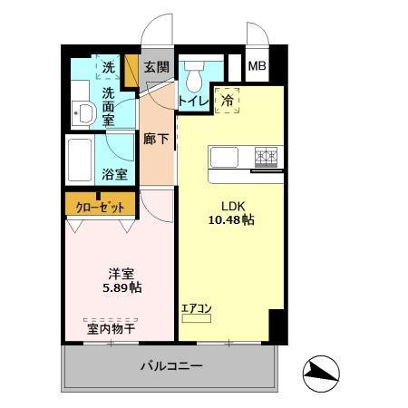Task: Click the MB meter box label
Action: (x=258, y=67)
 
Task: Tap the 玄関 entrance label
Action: (x=156, y=67)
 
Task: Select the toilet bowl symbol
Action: (x=193, y=76)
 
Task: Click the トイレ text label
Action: (x=194, y=101)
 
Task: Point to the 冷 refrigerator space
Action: (x=228, y=101)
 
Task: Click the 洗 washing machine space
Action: (x=109, y=67)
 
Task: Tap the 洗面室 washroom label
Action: (x=109, y=105)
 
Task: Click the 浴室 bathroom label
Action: (x=113, y=174)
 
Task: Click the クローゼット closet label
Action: (x=100, y=206)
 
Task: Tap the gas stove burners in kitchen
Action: (x=266, y=156)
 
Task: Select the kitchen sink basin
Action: (x=224, y=157)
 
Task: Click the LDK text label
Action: (x=222, y=204)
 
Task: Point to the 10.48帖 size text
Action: (x=231, y=219)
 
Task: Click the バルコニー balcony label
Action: (x=170, y=367)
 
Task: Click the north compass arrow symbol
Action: (x=321, y=371)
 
